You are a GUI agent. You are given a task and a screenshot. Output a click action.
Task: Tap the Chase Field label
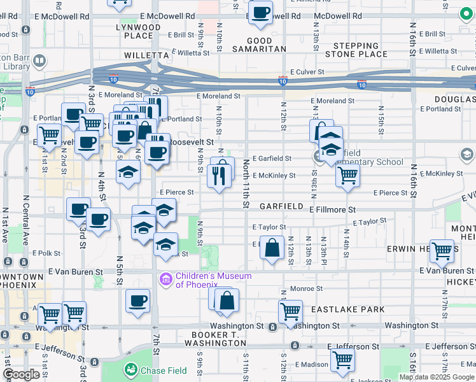(164, 371)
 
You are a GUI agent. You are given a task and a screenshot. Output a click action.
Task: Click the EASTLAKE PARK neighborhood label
(347, 309)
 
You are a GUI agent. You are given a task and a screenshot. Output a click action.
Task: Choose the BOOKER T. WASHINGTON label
(214, 339)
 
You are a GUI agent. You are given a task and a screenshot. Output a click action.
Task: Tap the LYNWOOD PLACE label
(138, 32)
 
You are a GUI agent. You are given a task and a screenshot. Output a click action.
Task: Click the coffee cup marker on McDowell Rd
(260, 13)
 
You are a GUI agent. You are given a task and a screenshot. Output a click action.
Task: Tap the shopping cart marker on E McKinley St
(347, 175)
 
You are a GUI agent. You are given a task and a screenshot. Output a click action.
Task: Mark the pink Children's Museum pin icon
(165, 278)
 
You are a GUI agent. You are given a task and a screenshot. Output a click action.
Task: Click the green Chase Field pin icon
(131, 369)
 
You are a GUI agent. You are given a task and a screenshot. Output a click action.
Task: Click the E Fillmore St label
(332, 209)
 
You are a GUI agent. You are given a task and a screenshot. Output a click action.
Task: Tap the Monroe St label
(306, 288)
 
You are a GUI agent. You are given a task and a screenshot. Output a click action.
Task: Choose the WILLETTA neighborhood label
(146, 56)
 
